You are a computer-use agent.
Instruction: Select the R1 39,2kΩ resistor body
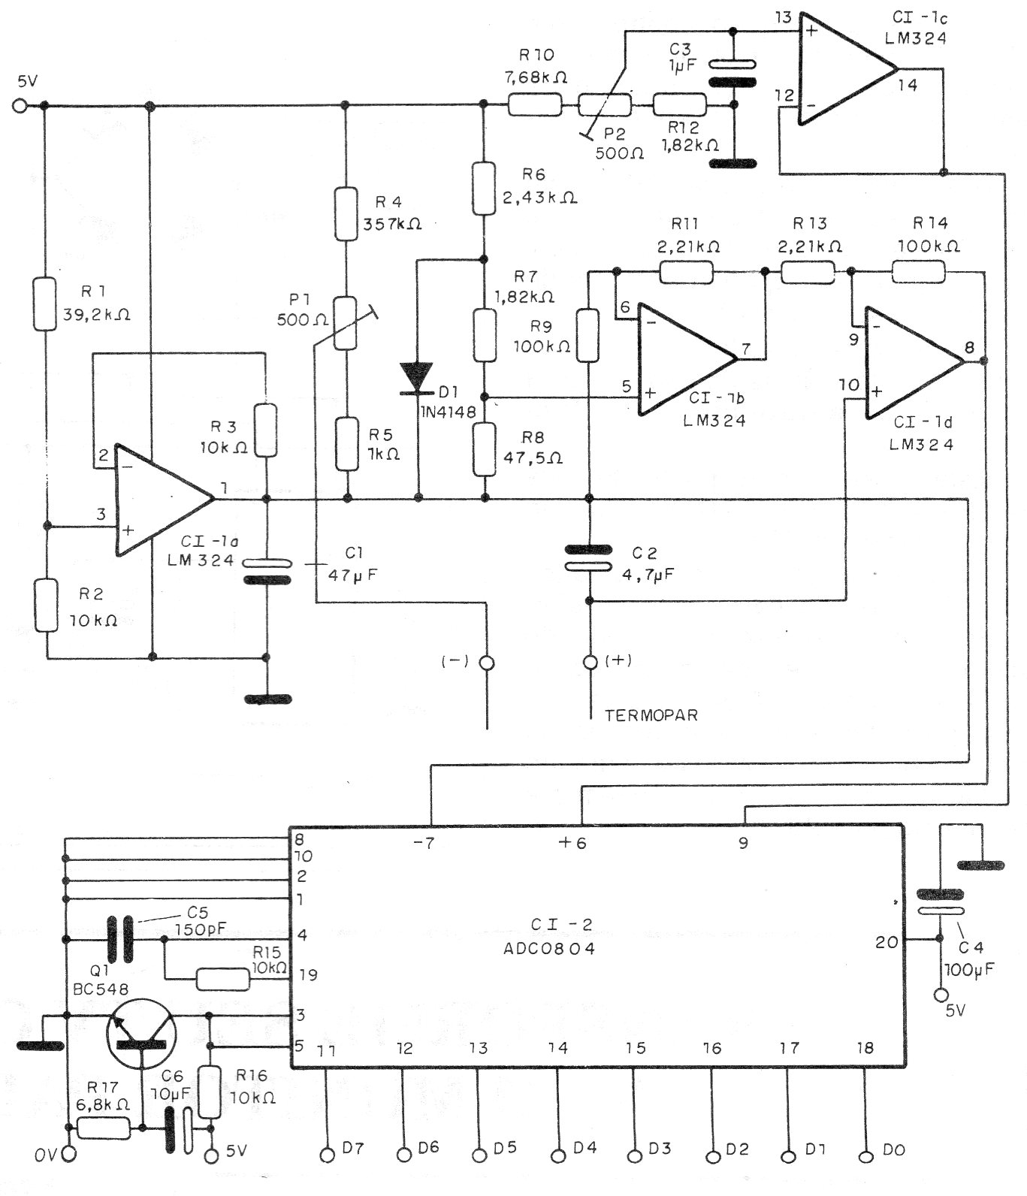pos(45,304)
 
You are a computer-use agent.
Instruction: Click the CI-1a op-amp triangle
pos(164,499)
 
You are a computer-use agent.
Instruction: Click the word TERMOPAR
pos(651,714)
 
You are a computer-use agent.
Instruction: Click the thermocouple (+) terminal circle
pos(591,662)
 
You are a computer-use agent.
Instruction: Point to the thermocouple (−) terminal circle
pos(488,663)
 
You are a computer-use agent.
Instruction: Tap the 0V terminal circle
pos(69,1154)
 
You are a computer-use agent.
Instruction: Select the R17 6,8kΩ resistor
pos(103,1128)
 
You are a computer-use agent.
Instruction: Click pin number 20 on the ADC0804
pos(887,941)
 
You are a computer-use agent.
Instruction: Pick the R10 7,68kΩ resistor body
pos(534,104)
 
